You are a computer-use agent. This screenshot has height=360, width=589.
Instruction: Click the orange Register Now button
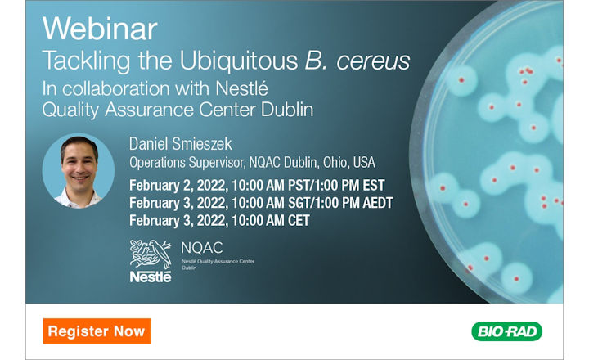point(97,331)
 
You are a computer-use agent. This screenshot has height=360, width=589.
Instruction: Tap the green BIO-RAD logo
point(506,331)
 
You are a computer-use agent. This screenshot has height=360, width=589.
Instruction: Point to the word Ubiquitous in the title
point(226,61)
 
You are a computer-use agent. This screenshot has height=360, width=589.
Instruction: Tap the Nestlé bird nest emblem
point(150,254)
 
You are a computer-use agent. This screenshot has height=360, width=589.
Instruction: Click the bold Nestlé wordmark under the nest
point(150,277)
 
